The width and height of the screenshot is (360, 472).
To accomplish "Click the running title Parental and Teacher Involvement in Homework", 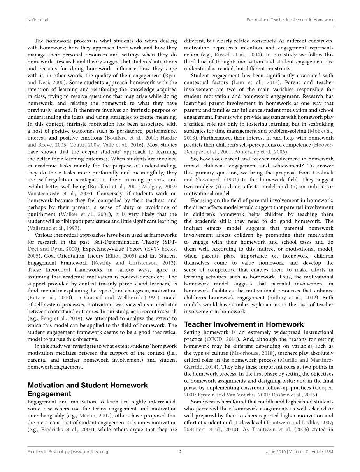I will [290, 19].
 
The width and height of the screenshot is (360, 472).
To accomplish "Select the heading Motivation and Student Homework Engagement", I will [88, 389].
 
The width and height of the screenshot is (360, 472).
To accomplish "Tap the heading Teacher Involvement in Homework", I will [244, 324].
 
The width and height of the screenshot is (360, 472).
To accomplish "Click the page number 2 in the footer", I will [180, 452].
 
